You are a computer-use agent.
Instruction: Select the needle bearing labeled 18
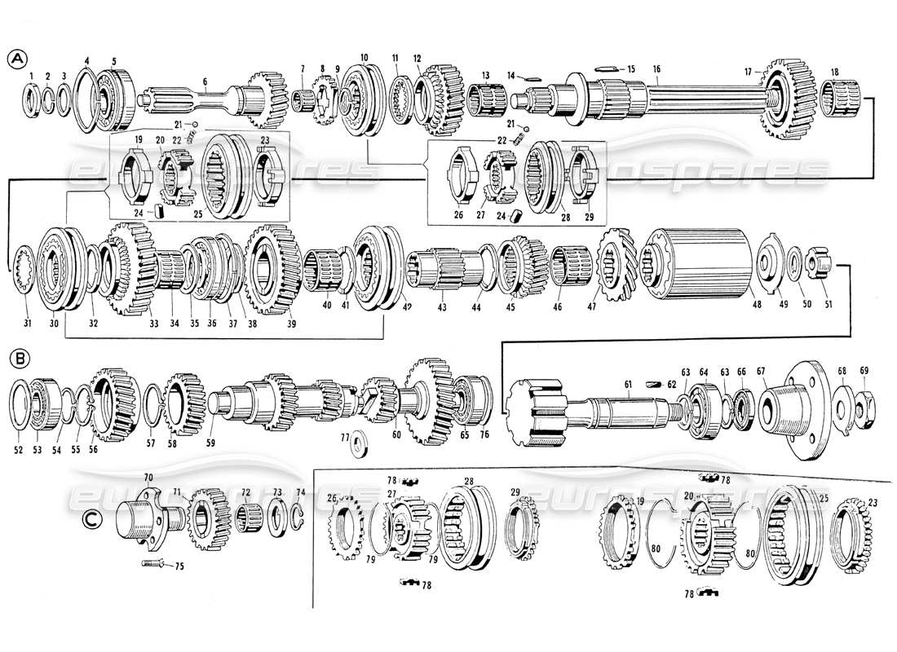(x=837, y=106)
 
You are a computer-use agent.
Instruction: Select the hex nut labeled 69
(x=865, y=401)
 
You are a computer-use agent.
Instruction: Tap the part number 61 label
(x=629, y=385)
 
